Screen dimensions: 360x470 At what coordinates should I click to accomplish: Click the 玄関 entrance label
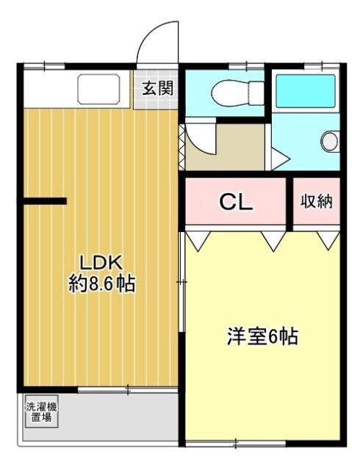pyautogui.click(x=158, y=88)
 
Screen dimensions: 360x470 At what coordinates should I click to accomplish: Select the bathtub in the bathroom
pyautogui.click(x=305, y=91)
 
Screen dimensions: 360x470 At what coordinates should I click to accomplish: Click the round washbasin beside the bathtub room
pyautogui.click(x=330, y=142)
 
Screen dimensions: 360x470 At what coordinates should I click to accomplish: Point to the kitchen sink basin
pyautogui.click(x=98, y=89)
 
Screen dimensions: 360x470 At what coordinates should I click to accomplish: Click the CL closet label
pyautogui.click(x=236, y=203)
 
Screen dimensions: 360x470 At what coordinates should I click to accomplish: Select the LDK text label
pyautogui.click(x=101, y=262)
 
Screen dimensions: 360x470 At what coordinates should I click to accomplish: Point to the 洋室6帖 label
pyautogui.click(x=262, y=336)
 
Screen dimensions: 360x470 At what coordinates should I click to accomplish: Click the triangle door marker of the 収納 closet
pyautogui.click(x=328, y=241)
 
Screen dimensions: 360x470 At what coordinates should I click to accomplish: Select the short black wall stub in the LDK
pyautogui.click(x=45, y=201)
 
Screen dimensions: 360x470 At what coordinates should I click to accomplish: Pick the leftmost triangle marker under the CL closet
pyautogui.click(x=198, y=241)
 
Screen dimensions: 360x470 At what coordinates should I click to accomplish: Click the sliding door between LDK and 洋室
pyautogui.click(x=181, y=282)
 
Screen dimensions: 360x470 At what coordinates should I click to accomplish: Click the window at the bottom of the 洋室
pyautogui.click(x=236, y=443)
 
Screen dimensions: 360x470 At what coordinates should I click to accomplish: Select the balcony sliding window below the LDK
pyautogui.click(x=128, y=390)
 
